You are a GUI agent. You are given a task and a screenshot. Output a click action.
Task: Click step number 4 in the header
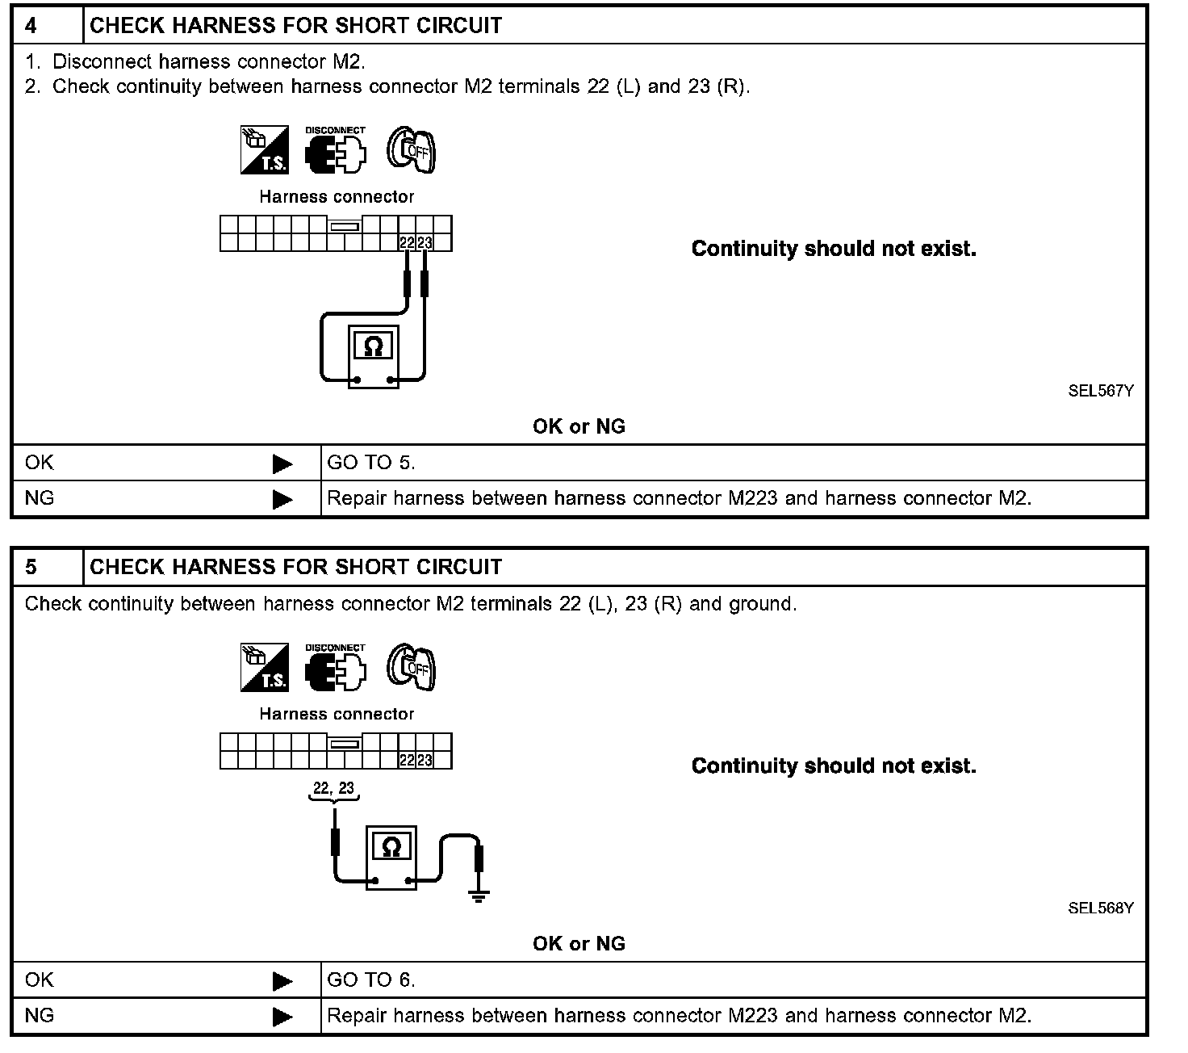tap(31, 26)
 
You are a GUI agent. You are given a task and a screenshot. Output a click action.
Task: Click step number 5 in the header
tap(31, 567)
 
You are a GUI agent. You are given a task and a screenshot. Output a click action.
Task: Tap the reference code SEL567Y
tap(1101, 391)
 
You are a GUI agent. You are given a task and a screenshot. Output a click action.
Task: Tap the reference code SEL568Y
tap(1101, 908)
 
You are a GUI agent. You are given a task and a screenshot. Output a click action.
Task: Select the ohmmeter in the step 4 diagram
tap(374, 356)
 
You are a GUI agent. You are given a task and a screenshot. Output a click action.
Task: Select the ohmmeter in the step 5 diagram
tap(391, 857)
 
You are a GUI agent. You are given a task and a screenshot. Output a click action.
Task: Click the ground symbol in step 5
tap(479, 895)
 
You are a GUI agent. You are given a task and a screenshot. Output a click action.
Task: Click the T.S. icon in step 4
tap(265, 150)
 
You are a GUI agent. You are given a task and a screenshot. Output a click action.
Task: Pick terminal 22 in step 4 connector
tap(407, 242)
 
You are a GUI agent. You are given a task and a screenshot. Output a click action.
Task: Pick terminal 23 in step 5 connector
tap(425, 760)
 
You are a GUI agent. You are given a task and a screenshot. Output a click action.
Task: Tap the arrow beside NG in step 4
tap(282, 499)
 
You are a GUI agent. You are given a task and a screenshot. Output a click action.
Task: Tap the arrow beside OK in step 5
tap(282, 981)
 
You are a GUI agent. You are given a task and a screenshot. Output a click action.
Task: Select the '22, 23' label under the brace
tap(334, 788)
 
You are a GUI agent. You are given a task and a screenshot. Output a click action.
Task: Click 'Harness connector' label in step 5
tap(337, 714)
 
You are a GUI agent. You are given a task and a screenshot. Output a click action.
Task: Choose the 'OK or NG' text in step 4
tap(579, 426)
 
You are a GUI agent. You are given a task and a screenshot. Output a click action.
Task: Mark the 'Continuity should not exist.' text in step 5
tap(834, 766)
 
